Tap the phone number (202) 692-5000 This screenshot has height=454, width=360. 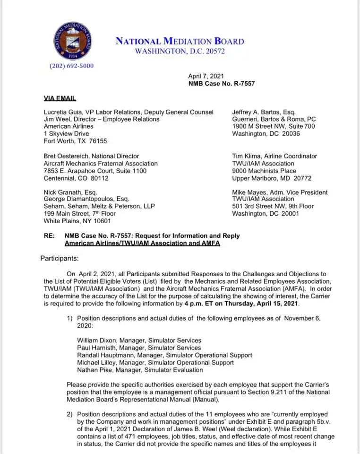tap(71, 66)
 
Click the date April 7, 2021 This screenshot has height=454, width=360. tap(206, 76)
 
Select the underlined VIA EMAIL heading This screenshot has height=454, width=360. tap(60, 98)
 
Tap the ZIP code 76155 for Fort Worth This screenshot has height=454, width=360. tap(98, 141)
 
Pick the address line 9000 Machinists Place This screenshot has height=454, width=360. tap(264, 171)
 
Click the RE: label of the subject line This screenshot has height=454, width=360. tap(49, 236)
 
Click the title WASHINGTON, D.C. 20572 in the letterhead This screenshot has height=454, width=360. tap(180, 51)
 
